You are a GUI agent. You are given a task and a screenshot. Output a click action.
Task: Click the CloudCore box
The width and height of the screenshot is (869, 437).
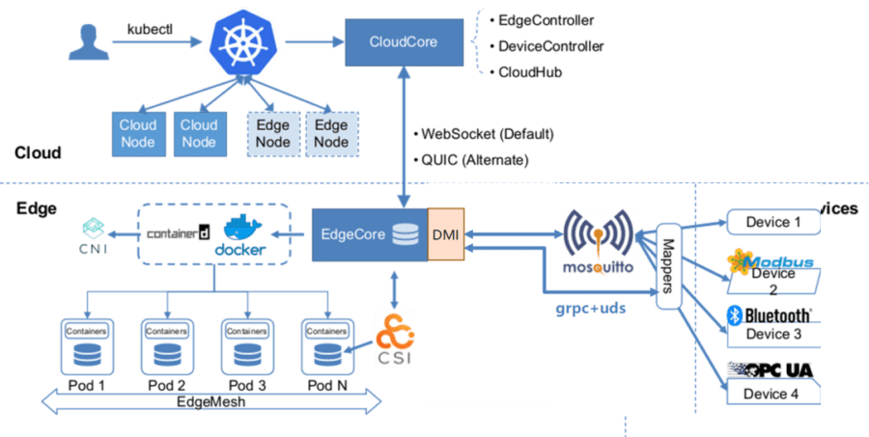click(x=403, y=41)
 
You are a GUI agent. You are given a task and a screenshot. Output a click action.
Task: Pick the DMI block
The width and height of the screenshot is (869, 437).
click(x=445, y=233)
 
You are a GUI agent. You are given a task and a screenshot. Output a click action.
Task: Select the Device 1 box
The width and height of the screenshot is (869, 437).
click(x=772, y=222)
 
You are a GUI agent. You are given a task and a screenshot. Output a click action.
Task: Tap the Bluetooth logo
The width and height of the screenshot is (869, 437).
click(x=769, y=315)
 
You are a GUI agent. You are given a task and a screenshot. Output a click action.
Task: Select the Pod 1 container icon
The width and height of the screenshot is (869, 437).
click(x=85, y=347)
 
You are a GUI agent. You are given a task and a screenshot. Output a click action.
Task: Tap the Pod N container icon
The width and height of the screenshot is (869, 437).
click(x=328, y=347)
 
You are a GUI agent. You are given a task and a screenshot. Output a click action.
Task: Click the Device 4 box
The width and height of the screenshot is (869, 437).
click(x=772, y=393)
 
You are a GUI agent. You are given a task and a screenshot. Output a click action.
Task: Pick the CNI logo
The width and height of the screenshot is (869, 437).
click(x=94, y=236)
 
